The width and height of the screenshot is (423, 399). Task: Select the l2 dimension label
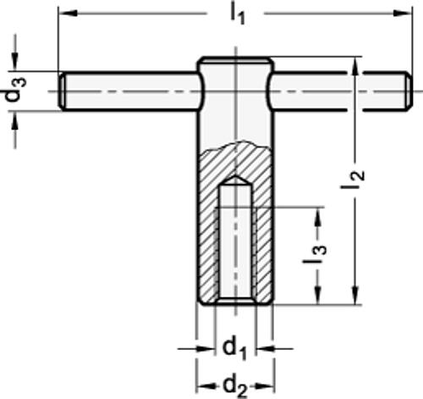pos(358,179)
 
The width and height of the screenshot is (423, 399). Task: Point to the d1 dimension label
pos(234,347)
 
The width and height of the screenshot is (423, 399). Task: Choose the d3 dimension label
pos(14,92)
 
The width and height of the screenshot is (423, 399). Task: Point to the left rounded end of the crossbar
pos(65,91)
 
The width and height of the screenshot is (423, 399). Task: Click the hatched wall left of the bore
pos(207,237)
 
